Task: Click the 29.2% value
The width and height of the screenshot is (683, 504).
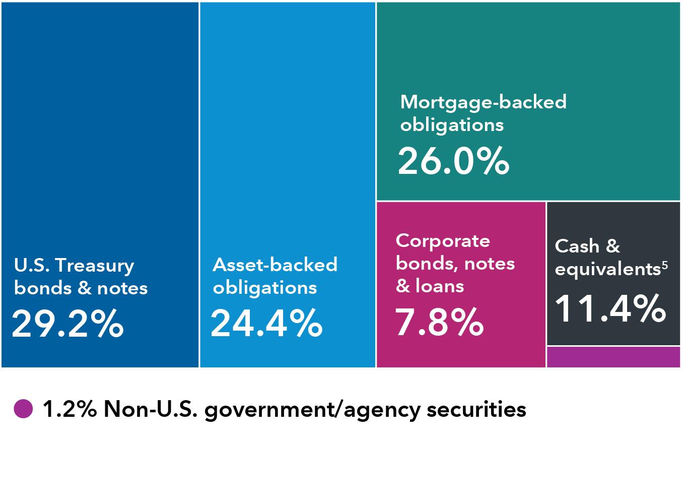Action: (67, 324)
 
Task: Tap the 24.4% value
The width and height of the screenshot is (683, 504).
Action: (266, 323)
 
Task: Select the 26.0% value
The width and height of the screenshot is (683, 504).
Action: (453, 161)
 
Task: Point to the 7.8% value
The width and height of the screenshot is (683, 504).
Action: (439, 322)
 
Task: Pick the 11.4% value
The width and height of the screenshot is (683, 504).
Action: (610, 308)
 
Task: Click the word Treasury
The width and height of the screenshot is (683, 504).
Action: (95, 266)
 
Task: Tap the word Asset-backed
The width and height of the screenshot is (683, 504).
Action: (275, 265)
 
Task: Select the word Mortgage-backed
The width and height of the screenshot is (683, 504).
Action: (483, 102)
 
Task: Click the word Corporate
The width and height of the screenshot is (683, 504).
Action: (443, 241)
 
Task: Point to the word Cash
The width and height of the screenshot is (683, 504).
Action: (577, 246)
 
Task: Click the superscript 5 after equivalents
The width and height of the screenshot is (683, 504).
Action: (665, 265)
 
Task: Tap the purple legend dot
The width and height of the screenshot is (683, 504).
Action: (23, 409)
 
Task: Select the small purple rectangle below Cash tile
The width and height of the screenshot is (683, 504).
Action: (613, 357)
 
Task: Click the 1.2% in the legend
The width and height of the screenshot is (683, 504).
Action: (70, 409)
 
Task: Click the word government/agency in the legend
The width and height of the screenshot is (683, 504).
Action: (312, 410)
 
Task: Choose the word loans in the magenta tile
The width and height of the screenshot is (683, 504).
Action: (440, 286)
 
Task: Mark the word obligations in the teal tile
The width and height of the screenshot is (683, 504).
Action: (452, 125)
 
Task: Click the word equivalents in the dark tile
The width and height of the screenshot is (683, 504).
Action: (607, 270)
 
